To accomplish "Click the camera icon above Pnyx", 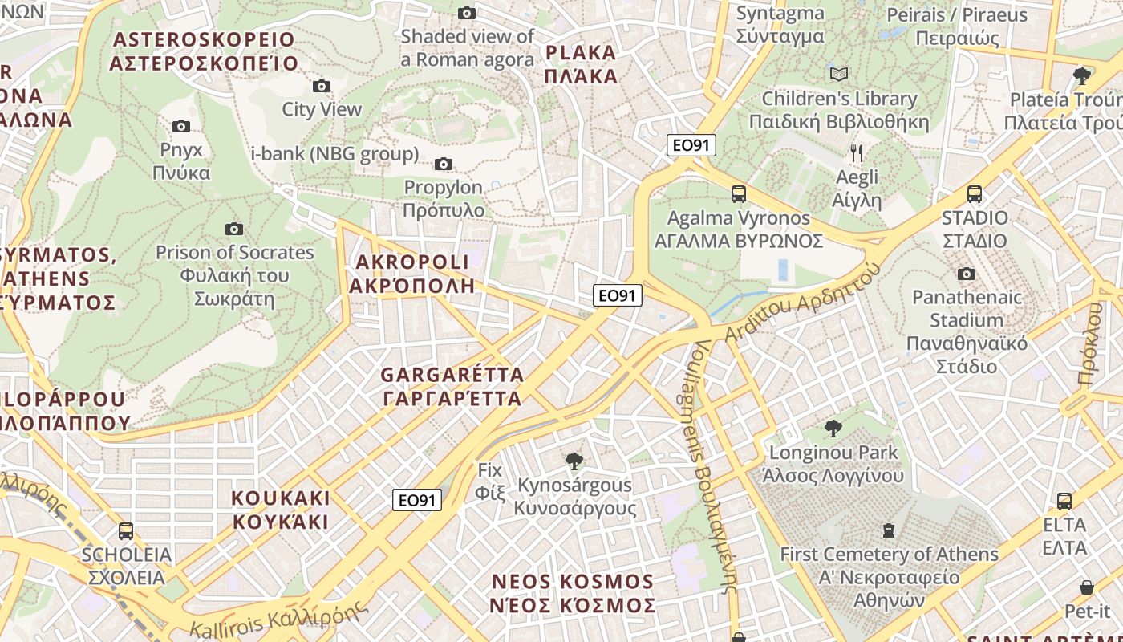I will coord(181,126).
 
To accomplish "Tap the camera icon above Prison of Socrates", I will coord(234,230).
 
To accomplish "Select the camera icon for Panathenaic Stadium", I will coord(967,274).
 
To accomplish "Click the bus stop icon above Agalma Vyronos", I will coord(738,194).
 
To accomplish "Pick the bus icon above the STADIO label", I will coord(975,194).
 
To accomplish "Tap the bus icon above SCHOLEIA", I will coord(126,531).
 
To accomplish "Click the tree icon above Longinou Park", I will coord(833,428).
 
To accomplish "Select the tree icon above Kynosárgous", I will coord(574,461).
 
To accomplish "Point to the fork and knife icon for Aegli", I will coord(857,152).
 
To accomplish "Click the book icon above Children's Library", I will coord(839,75).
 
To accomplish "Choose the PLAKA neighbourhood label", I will coord(582,64).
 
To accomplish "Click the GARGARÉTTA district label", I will coord(452,386).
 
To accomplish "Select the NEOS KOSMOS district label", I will coord(573,593).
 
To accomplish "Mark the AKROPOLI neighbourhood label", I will coord(412,274).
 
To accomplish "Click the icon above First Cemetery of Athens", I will coord(889,530).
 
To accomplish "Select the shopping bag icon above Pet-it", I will coord(1087,588).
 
